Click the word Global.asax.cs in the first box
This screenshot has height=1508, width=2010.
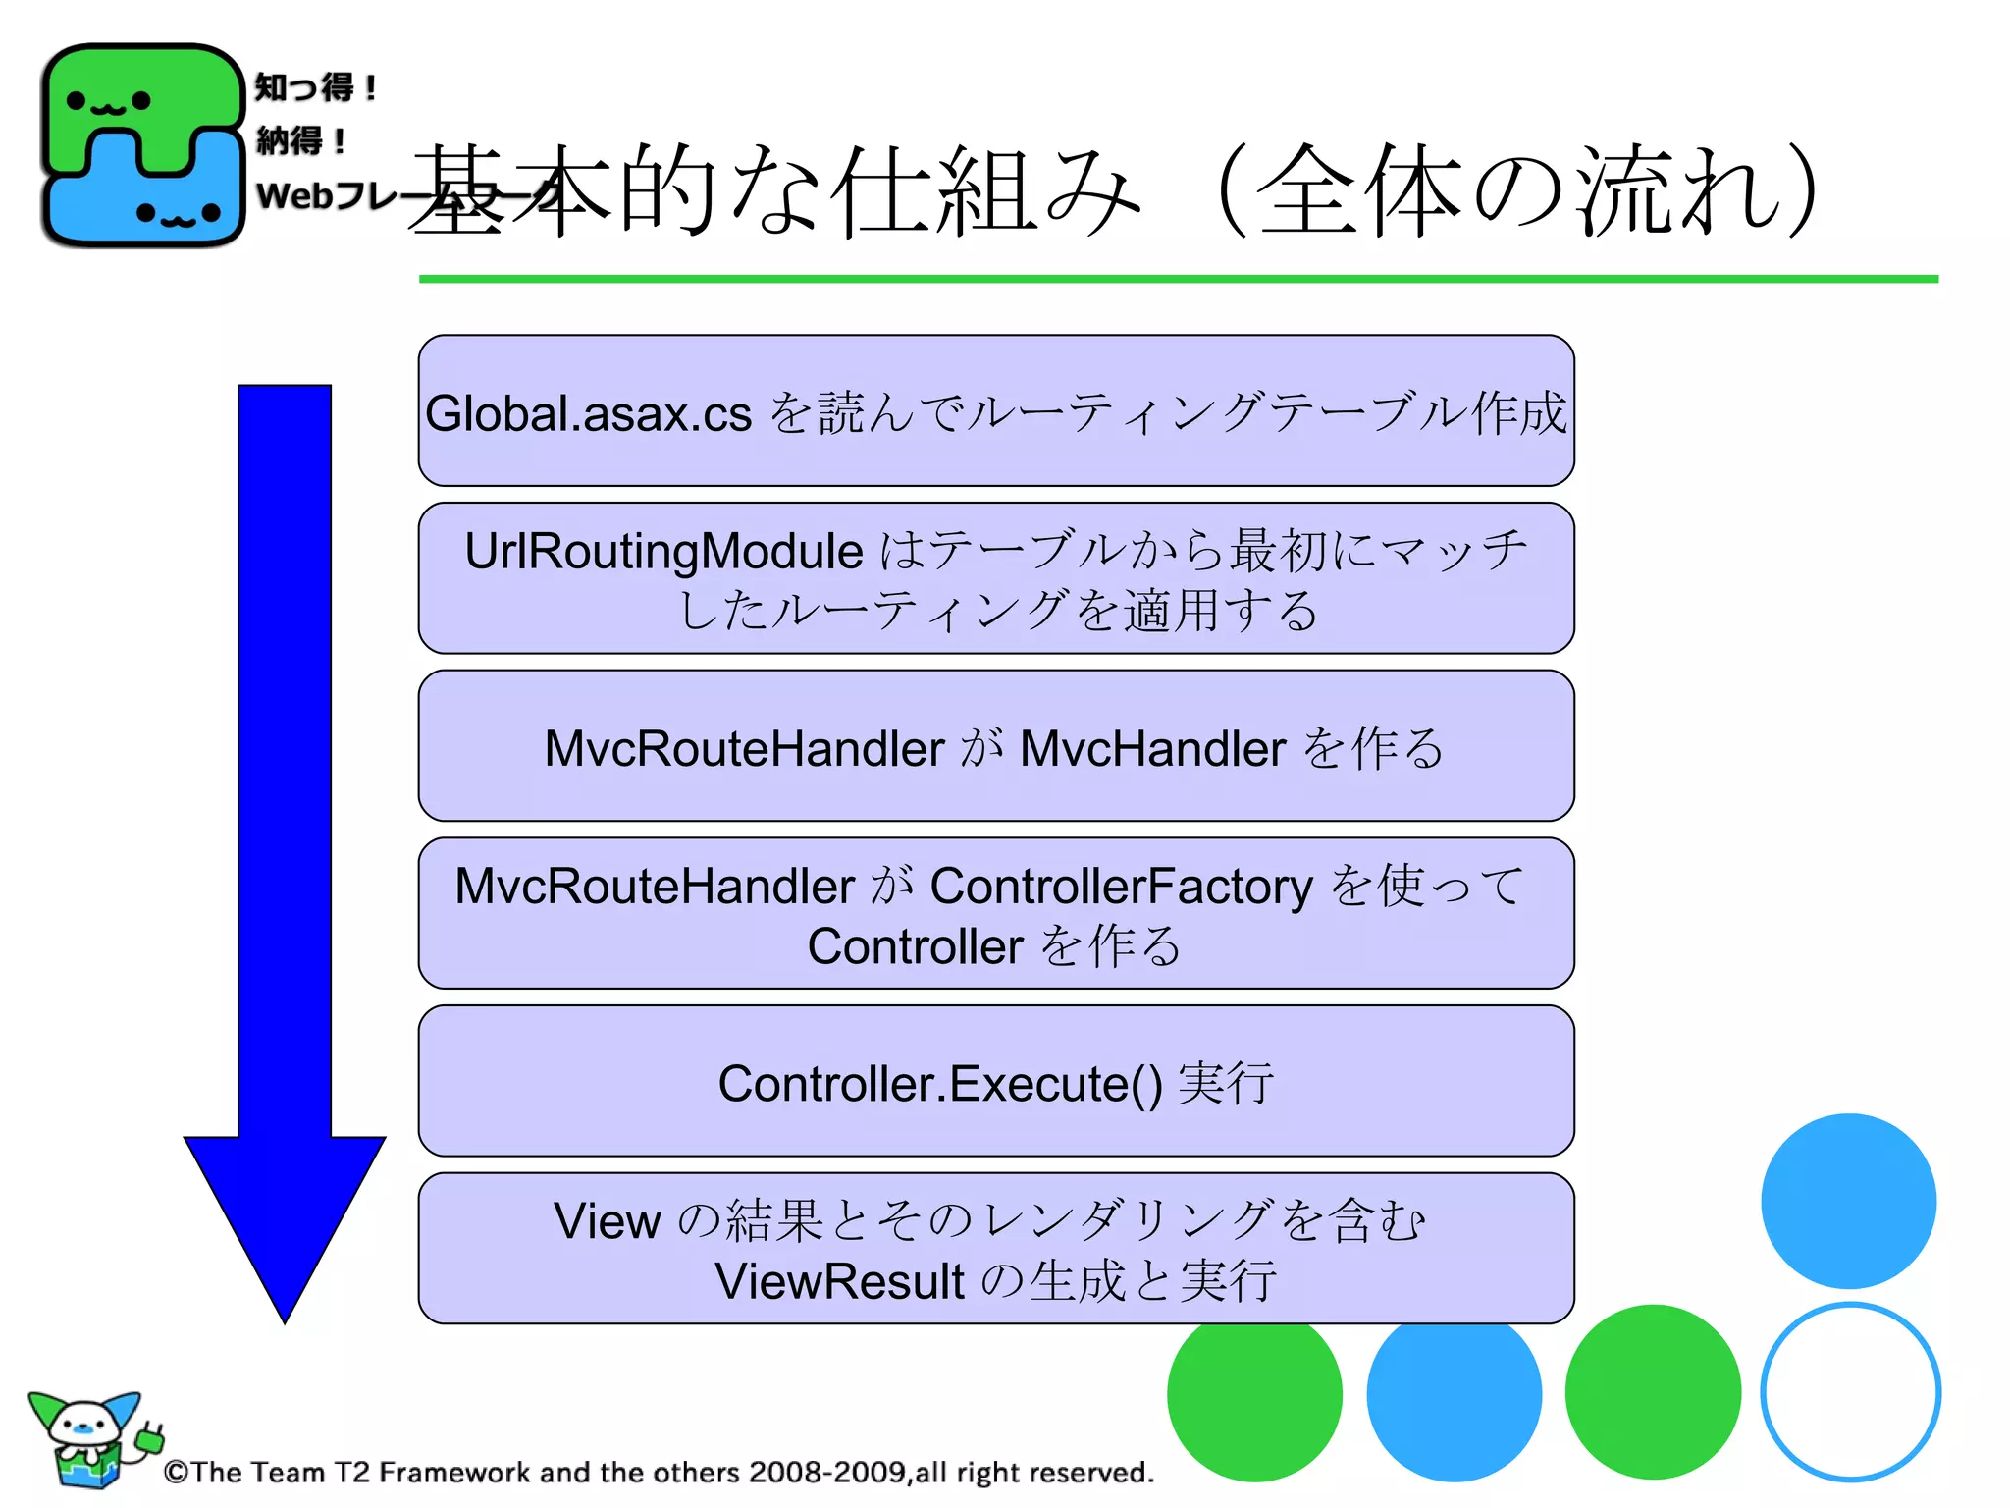coord(588,413)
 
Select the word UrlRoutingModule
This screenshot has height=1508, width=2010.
coord(663,551)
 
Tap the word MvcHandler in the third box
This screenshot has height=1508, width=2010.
coord(1152,749)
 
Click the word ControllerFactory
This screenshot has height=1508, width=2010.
coord(1121,887)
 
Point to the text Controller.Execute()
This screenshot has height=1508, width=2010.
coord(939,1084)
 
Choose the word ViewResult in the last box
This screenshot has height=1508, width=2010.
coord(839,1281)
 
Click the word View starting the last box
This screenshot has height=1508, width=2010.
coord(607,1221)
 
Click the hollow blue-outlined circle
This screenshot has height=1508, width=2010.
coord(1850,1391)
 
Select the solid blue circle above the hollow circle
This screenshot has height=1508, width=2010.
coord(1848,1201)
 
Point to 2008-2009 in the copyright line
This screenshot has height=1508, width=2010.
coord(826,1472)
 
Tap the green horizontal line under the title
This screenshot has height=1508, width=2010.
coord(1178,279)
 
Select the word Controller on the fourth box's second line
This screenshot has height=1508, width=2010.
coord(915,947)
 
